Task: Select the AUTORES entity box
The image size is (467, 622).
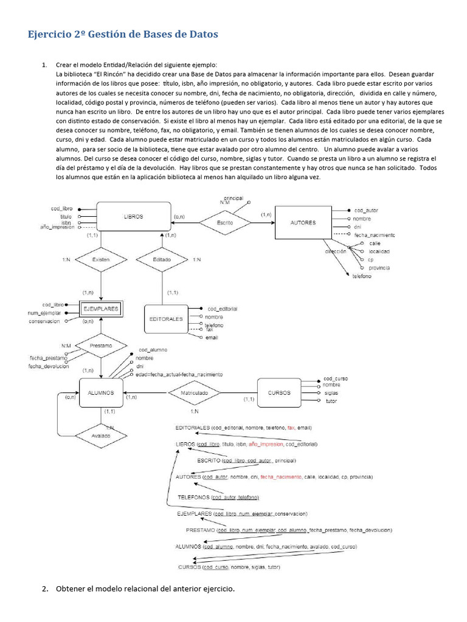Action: coord(303,223)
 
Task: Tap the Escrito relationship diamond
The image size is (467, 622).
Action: coord(225,223)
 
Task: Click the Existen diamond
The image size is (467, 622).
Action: coord(101,259)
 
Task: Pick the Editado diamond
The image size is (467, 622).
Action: coord(162,259)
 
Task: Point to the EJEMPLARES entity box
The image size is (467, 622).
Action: coord(100,309)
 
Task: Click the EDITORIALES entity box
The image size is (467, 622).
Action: coord(165,319)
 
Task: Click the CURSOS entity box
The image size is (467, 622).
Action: coord(279,392)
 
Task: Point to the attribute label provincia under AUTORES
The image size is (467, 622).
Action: coord(379,268)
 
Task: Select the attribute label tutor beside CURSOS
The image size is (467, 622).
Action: coord(331,402)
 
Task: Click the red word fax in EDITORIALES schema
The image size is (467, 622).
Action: coord(291,428)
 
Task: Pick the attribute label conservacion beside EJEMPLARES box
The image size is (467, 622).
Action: coord(44,321)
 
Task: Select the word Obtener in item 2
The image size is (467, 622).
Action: coord(72,589)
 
